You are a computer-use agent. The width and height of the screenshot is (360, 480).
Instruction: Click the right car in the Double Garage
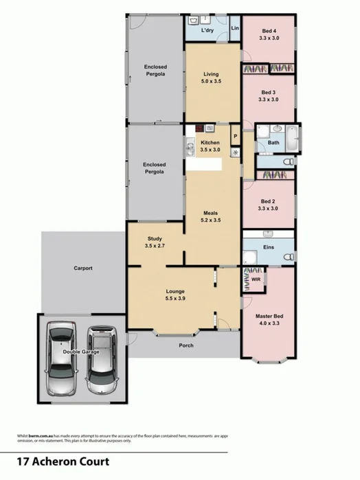pyautogui.click(x=102, y=358)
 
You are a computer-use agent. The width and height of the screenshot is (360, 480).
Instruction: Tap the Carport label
pyautogui.click(x=83, y=268)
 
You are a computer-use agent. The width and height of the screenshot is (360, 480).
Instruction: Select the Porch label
pyautogui.click(x=185, y=345)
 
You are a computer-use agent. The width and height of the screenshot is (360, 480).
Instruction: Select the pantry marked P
pyautogui.click(x=235, y=136)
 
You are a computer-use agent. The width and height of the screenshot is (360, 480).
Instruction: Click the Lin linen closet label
pyautogui.click(x=235, y=28)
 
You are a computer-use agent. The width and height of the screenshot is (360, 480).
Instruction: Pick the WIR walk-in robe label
pyautogui.click(x=256, y=280)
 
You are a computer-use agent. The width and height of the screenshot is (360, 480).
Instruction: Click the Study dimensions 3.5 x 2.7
pyautogui.click(x=155, y=246)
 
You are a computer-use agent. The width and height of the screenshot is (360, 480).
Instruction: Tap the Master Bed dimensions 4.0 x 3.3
pyautogui.click(x=269, y=324)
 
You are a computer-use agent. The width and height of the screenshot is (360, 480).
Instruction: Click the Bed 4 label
pyautogui.click(x=269, y=30)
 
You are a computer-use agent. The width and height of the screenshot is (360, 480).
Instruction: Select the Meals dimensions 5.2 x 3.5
pyautogui.click(x=210, y=220)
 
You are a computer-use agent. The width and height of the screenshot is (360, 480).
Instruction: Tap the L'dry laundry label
pyautogui.click(x=208, y=31)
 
